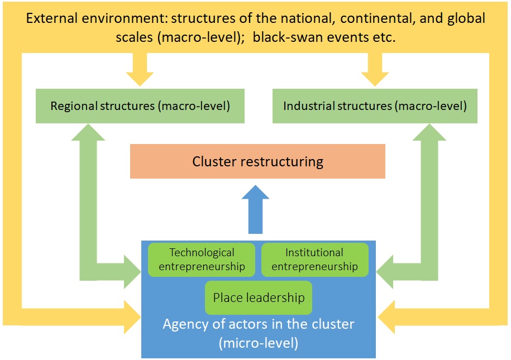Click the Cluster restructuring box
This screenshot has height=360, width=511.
click(x=257, y=162)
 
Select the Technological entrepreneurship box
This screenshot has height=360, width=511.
click(x=202, y=260)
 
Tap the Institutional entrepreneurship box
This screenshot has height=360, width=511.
click(x=314, y=260)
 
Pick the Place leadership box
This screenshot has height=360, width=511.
click(x=259, y=297)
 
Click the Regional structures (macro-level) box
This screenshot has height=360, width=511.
click(x=140, y=106)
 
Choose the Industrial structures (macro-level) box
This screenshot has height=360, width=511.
click(x=375, y=106)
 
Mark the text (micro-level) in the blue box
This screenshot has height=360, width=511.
click(x=259, y=343)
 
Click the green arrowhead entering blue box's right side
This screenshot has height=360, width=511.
click(x=387, y=272)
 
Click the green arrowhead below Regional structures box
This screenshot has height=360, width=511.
click(x=89, y=133)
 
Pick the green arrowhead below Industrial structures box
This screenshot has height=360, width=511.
click(x=428, y=133)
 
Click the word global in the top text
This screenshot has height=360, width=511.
click(x=466, y=18)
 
